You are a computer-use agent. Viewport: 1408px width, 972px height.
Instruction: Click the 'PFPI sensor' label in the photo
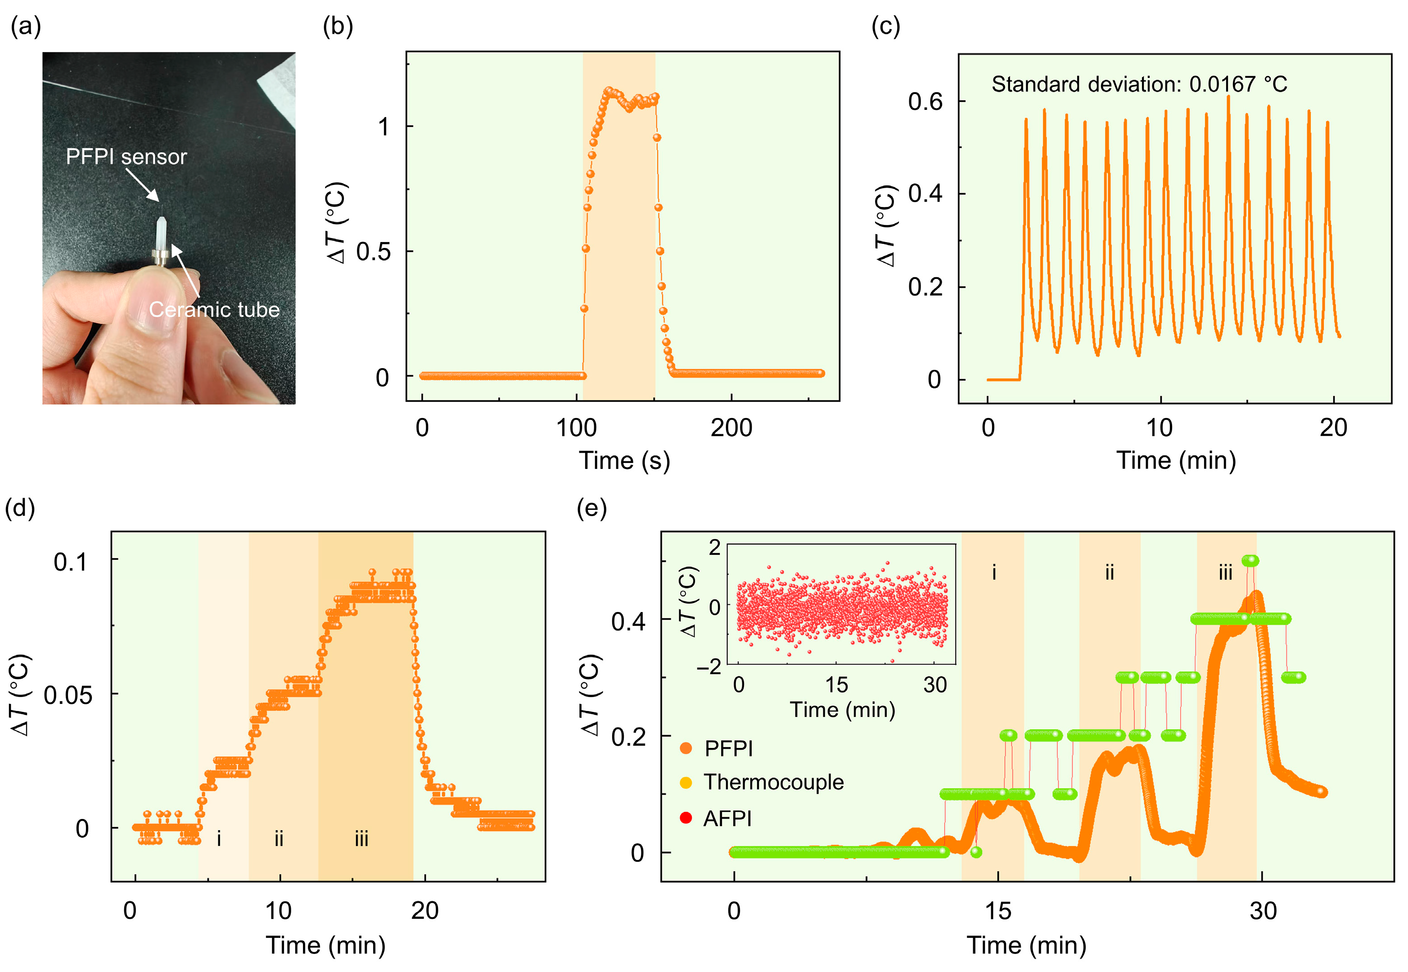[x=126, y=157]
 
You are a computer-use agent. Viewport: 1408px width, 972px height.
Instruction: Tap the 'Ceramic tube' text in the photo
[x=214, y=310]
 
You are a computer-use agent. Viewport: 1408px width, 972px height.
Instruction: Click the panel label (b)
[x=338, y=27]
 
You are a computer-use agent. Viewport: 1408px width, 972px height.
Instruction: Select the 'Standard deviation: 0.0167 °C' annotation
[x=1139, y=84]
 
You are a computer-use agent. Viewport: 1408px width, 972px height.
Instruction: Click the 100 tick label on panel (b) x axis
[x=576, y=428]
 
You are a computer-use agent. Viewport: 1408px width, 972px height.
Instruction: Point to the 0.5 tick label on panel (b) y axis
[x=374, y=251]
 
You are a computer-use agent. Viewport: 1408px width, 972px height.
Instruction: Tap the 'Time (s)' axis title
[x=624, y=460]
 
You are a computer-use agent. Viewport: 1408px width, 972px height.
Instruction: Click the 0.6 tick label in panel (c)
[x=925, y=102]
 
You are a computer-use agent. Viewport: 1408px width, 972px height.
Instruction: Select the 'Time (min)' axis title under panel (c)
[x=1175, y=460]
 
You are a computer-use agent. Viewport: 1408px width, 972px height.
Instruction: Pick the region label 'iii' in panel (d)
[x=361, y=839]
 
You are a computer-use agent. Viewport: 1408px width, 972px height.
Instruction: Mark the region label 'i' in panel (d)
[x=219, y=839]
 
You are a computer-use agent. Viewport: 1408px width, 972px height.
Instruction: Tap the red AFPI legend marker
[x=686, y=818]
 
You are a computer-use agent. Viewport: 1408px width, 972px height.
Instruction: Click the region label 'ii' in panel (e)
[x=1110, y=572]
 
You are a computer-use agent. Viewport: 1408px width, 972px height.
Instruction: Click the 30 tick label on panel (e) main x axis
[x=1263, y=911]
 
